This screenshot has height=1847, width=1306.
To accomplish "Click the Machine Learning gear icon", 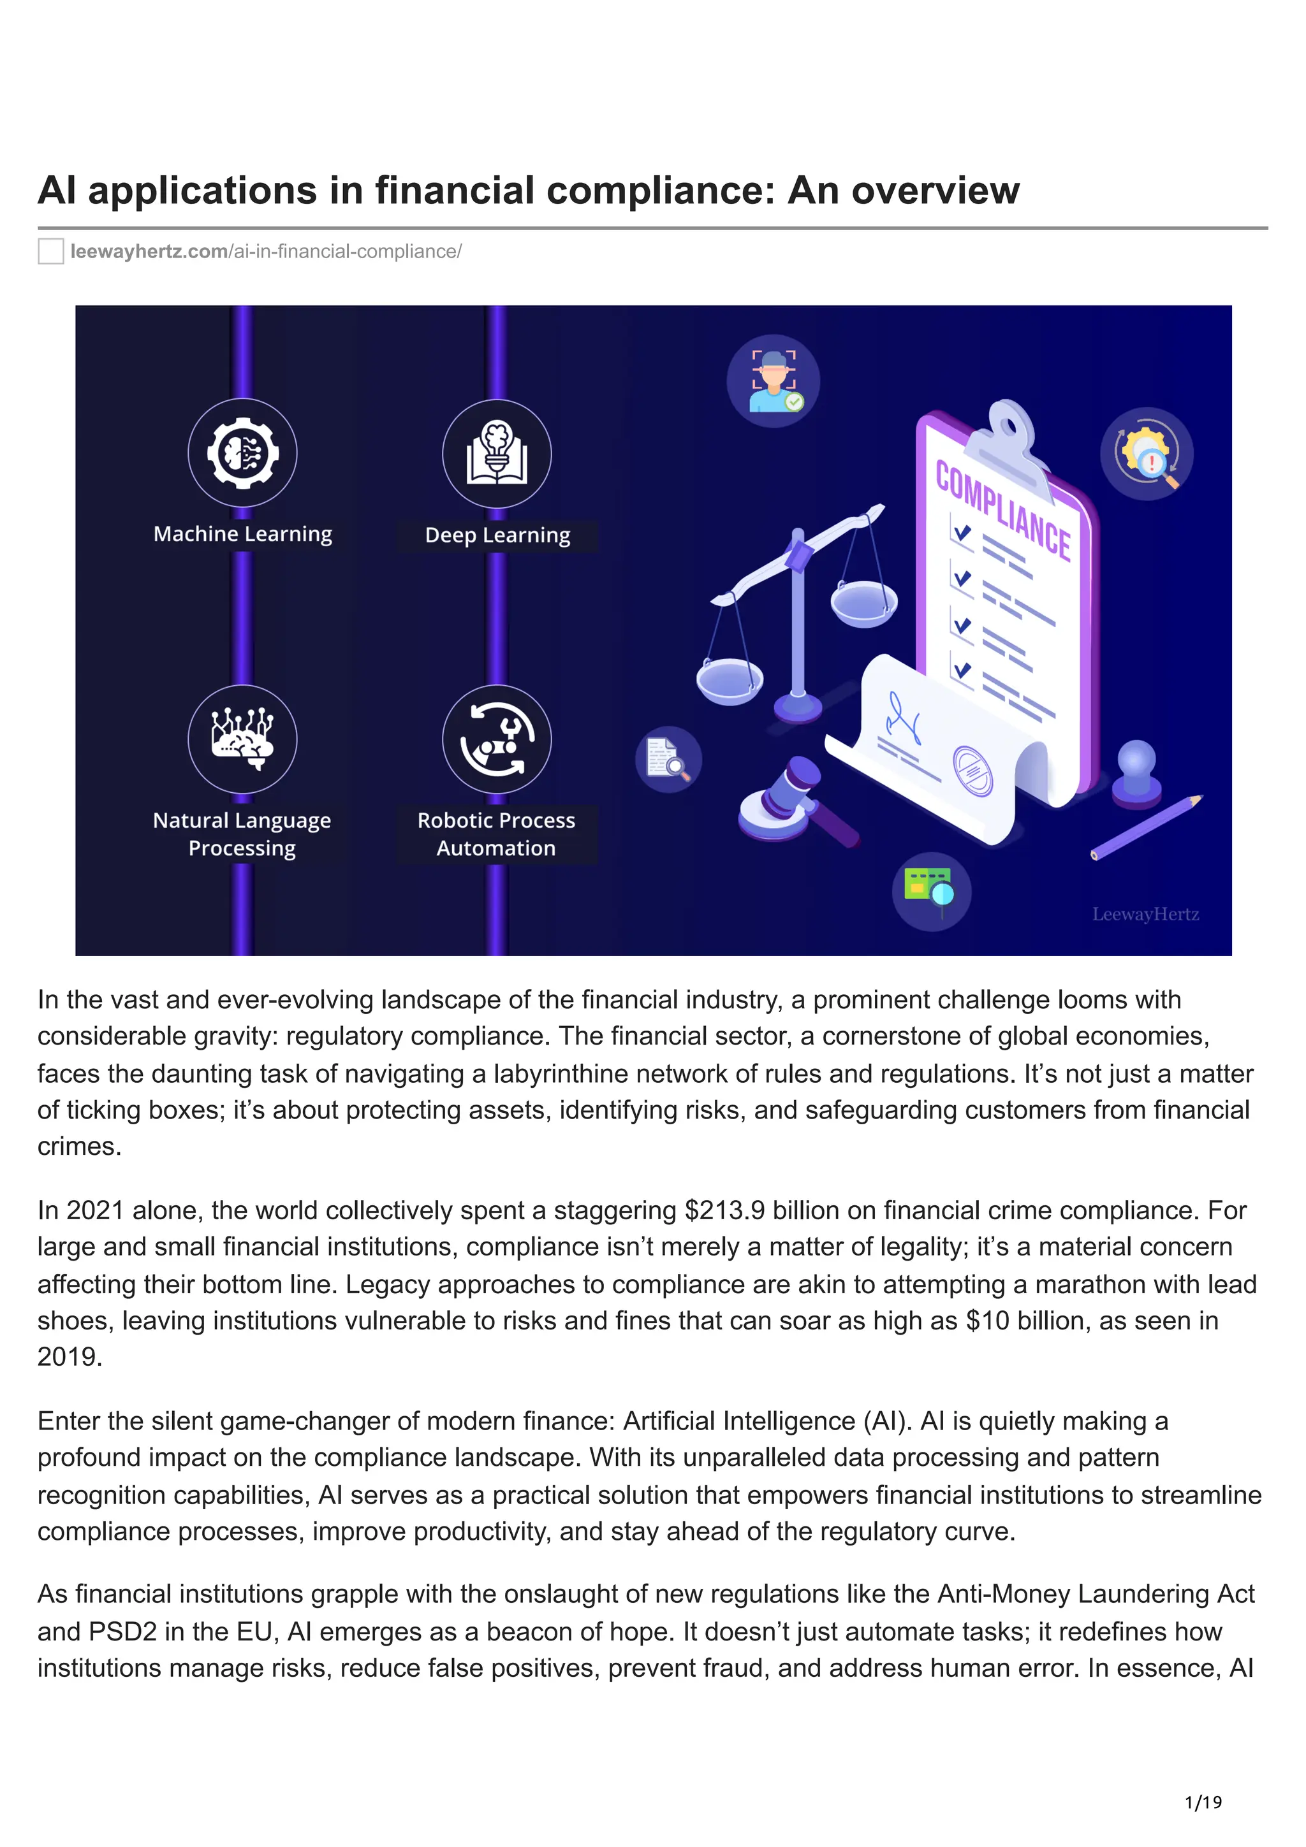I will click(x=242, y=453).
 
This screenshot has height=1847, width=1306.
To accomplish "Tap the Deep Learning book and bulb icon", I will click(x=497, y=454).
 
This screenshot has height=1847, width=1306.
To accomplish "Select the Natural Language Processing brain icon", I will click(x=242, y=739).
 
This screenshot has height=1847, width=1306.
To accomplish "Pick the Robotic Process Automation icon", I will click(x=497, y=739).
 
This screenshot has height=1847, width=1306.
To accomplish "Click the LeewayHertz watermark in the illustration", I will click(x=1145, y=914).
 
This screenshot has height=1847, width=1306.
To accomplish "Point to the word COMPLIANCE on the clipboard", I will click(x=1002, y=511).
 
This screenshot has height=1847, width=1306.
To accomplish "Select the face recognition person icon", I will click(x=774, y=380).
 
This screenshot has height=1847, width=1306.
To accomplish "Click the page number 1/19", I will click(x=1203, y=1802).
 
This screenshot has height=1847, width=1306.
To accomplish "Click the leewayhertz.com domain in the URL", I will click(x=149, y=252).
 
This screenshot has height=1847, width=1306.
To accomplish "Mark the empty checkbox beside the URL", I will click(x=50, y=252).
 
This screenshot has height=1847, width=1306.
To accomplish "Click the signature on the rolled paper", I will click(x=904, y=719).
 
